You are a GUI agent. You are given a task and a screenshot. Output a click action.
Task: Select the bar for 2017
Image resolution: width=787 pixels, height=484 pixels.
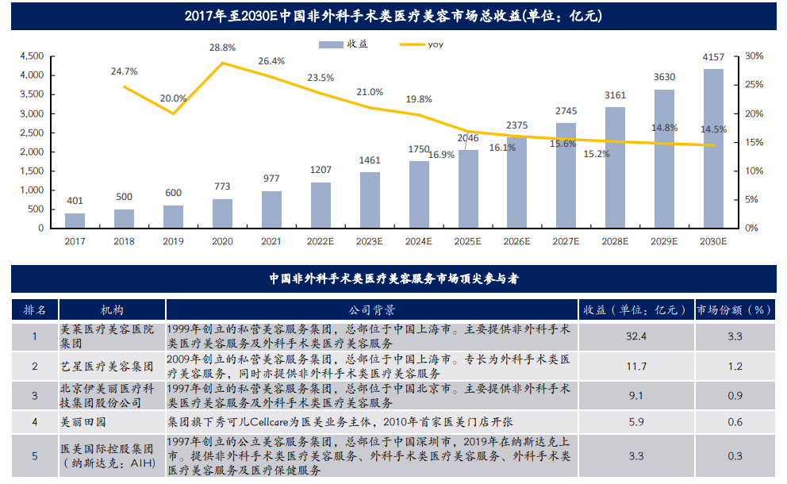click(x=75, y=221)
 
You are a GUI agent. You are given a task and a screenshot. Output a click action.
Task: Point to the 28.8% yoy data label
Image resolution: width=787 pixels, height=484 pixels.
click(x=222, y=48)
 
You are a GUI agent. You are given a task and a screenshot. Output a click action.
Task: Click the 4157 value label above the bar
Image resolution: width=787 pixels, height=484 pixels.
click(x=713, y=57)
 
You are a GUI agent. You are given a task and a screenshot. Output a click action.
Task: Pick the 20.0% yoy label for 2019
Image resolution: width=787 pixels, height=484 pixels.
click(x=173, y=99)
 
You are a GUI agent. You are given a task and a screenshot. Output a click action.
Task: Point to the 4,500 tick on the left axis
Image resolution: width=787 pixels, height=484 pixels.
click(x=30, y=56)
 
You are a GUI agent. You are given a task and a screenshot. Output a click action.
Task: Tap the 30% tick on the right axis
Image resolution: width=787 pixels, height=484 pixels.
click(x=754, y=56)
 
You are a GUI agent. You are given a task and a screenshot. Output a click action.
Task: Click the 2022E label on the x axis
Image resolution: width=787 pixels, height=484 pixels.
click(x=321, y=240)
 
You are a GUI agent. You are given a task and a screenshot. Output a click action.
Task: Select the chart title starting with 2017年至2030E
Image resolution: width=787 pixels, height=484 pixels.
click(x=393, y=15)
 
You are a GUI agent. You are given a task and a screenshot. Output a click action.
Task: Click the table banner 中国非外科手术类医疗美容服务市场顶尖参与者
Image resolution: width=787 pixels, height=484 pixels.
click(x=393, y=279)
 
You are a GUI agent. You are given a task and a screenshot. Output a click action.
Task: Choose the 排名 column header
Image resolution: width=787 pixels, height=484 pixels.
click(x=34, y=309)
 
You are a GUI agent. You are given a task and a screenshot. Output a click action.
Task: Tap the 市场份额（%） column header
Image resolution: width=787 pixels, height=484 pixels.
click(x=734, y=309)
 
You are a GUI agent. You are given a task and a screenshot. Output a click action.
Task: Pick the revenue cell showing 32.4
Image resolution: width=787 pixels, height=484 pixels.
click(x=636, y=336)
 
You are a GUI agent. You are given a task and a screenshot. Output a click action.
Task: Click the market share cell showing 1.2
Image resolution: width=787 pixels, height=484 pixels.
click(x=735, y=366)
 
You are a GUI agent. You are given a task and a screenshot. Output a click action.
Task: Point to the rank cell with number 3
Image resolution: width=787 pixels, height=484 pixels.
click(x=34, y=394)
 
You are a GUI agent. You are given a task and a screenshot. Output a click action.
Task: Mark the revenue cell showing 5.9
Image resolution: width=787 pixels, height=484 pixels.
click(x=636, y=422)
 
